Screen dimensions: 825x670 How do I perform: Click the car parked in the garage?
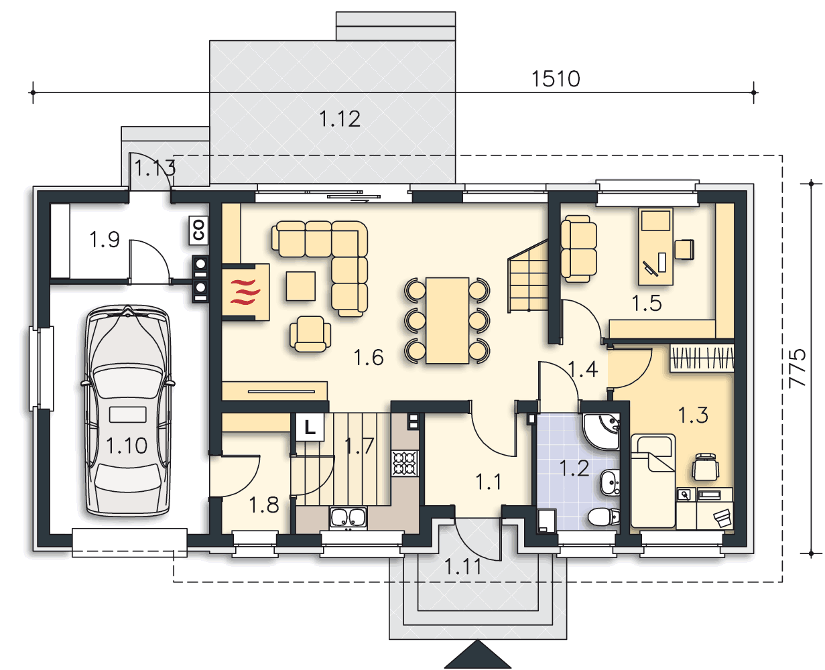point(127,411)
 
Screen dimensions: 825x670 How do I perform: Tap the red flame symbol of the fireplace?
point(245,291)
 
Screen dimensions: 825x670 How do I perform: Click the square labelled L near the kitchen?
point(310,427)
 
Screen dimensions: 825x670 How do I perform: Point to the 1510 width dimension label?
point(556,79)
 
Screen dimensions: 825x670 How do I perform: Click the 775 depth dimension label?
point(798,368)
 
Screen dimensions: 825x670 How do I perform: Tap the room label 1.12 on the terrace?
point(340,119)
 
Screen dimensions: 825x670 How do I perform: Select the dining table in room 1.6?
point(448,320)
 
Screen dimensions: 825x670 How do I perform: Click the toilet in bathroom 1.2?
point(603,517)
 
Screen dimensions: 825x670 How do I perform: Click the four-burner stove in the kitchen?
point(405,463)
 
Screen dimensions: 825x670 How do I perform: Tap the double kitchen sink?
point(348,518)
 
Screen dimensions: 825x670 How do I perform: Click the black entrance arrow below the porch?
point(478,654)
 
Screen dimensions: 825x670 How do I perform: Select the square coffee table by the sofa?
point(300,286)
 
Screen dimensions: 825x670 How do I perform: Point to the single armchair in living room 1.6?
point(310,334)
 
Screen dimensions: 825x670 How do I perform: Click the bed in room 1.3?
point(653,481)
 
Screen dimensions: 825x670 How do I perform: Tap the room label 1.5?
point(647,304)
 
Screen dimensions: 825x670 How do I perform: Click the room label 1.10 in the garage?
point(126,446)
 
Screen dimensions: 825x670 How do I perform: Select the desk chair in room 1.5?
point(684,249)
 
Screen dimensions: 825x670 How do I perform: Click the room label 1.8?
point(263,505)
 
